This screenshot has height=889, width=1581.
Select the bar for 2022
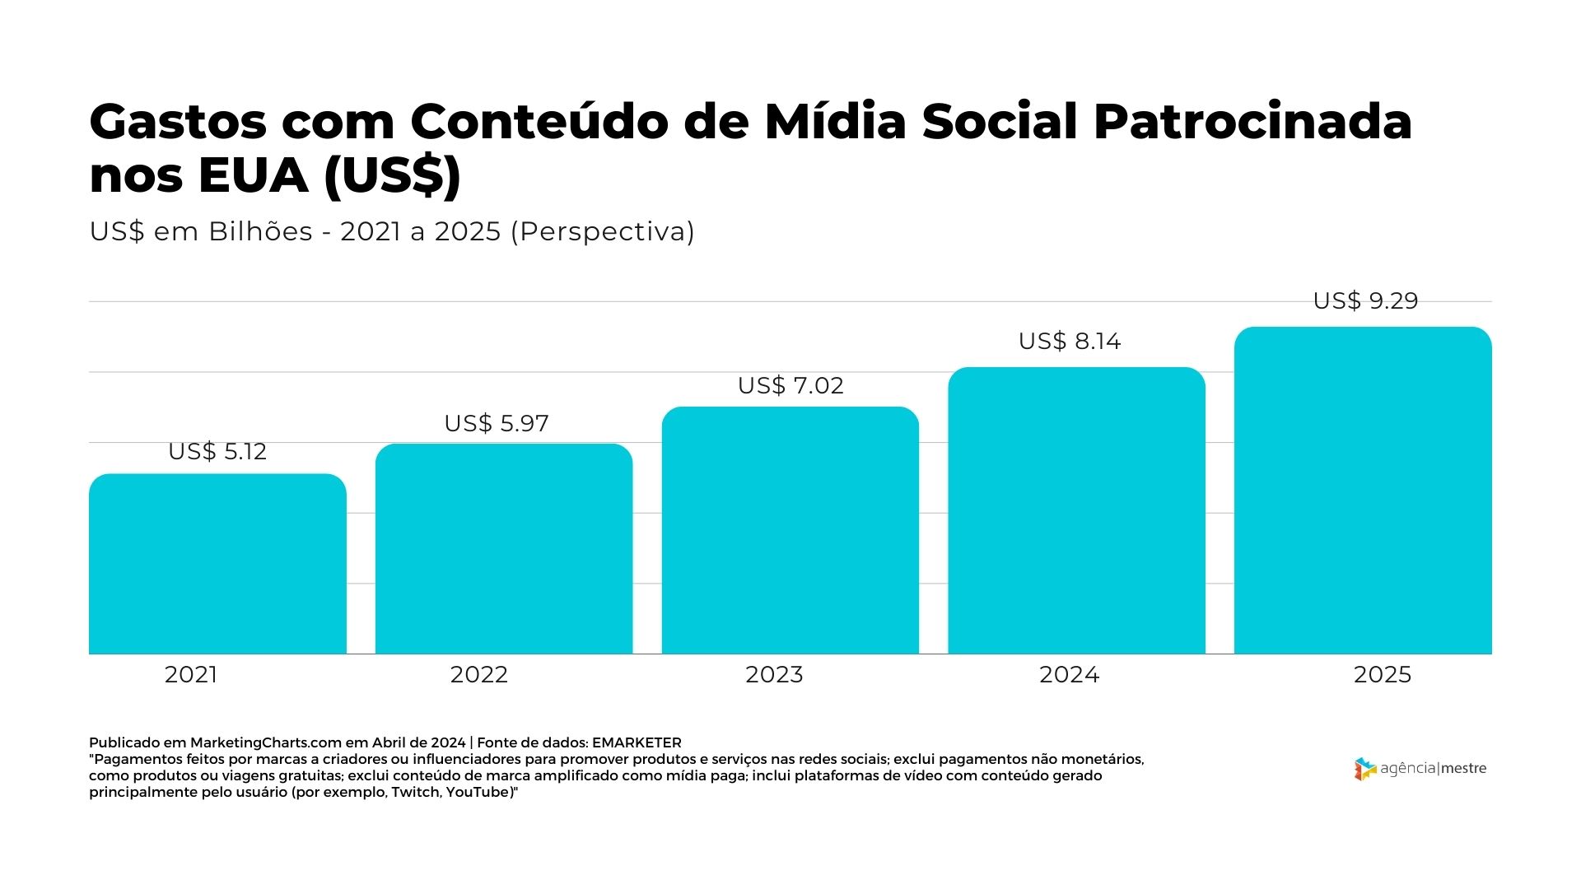click(x=504, y=549)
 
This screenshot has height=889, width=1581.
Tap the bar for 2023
click(x=790, y=530)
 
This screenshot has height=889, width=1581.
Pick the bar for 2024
click(x=1076, y=510)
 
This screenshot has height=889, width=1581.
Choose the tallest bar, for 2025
click(x=1363, y=491)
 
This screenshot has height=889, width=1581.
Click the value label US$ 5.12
click(x=217, y=452)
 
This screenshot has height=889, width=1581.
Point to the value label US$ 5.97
click(x=497, y=423)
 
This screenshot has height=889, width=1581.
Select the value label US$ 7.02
click(x=790, y=385)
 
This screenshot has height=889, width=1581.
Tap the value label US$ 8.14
click(x=1070, y=341)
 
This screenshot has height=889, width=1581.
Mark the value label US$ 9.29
click(x=1365, y=300)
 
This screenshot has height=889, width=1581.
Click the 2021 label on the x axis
click(x=191, y=675)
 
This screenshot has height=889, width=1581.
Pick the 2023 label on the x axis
click(x=774, y=675)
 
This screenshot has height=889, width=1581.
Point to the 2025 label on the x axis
click(x=1383, y=675)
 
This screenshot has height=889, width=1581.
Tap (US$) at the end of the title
click(x=392, y=175)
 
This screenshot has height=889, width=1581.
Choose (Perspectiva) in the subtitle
click(x=603, y=231)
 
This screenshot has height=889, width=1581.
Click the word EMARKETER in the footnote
click(x=637, y=742)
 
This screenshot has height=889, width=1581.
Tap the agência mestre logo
click(x=1420, y=769)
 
